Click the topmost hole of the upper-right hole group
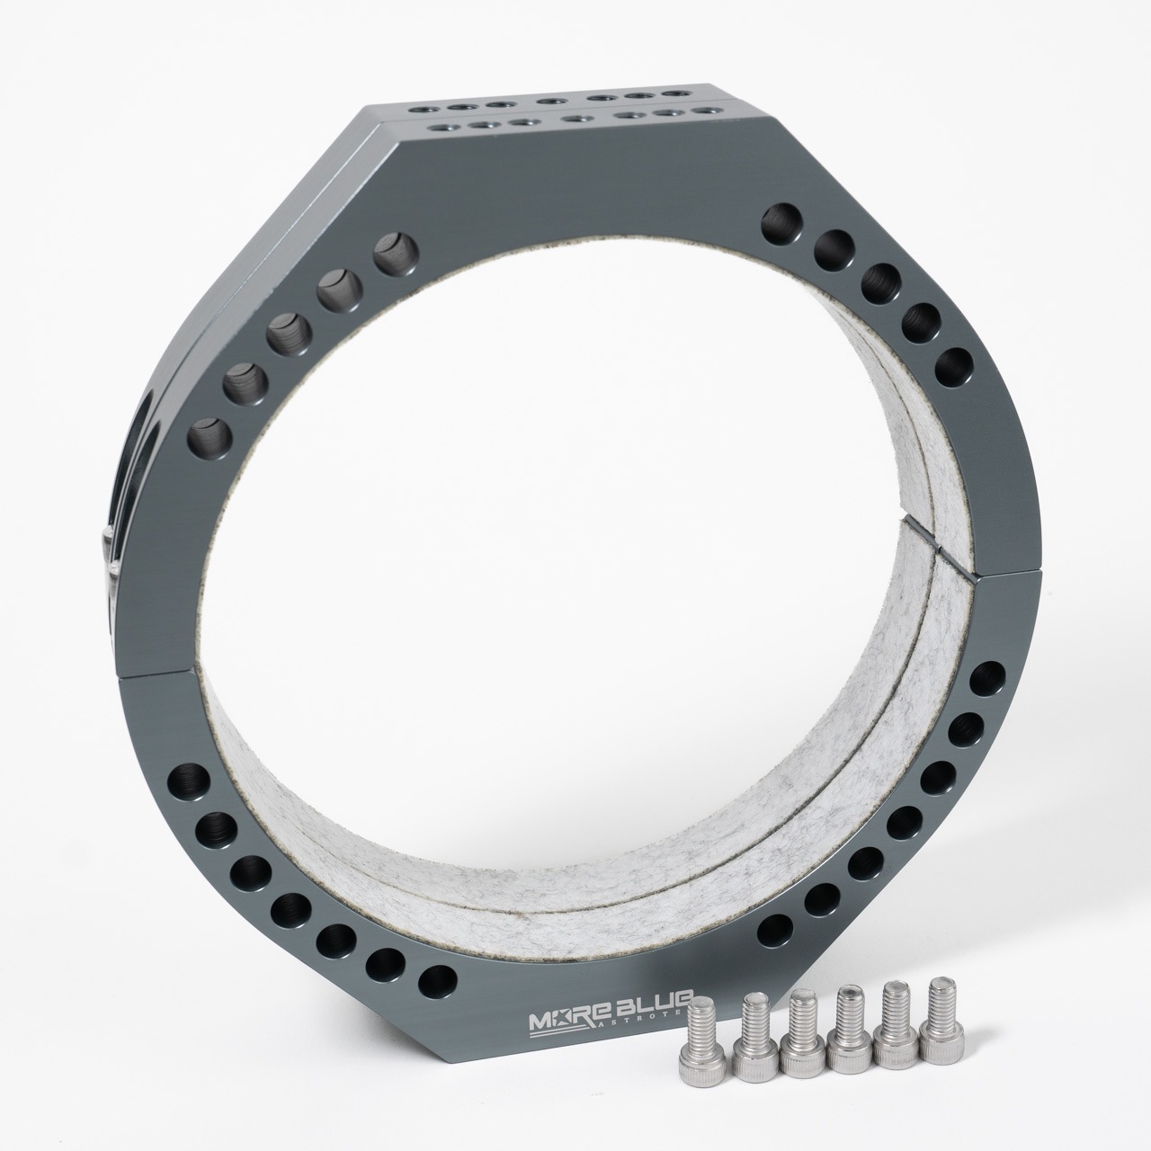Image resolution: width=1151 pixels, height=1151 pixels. pyautogui.click(x=781, y=221)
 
